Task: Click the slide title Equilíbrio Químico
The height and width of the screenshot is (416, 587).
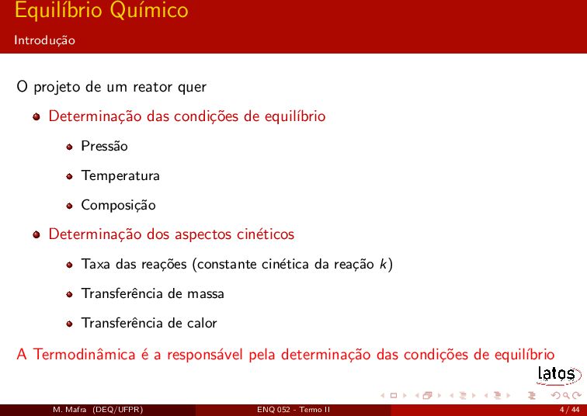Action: click(102, 10)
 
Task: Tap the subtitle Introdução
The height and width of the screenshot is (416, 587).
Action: click(44, 40)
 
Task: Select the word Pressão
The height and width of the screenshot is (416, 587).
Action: click(105, 146)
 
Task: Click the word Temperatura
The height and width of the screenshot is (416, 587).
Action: click(120, 176)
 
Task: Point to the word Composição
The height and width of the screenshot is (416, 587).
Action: click(118, 206)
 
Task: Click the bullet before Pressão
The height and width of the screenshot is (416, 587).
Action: click(69, 147)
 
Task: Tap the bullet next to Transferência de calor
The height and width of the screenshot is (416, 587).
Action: click(69, 324)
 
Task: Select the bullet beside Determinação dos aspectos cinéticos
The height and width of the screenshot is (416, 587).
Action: click(36, 235)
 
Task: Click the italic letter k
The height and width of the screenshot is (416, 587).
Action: click(384, 264)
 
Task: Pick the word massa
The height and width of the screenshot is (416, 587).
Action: click(206, 293)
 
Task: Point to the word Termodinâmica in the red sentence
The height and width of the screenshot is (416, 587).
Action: click(84, 354)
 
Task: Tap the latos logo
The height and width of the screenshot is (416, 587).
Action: click(558, 375)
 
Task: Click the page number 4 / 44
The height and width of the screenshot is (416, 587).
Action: click(569, 410)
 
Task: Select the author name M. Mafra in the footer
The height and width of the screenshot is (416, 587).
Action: click(70, 410)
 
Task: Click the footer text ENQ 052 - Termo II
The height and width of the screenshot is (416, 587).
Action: click(293, 410)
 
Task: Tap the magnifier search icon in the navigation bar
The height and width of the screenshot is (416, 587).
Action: click(566, 396)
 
